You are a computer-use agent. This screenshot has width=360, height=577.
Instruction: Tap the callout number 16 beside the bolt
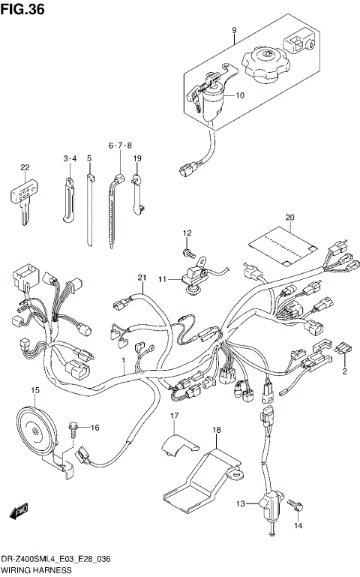pos(94,428)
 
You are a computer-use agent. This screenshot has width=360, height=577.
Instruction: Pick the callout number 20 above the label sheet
pos(289,219)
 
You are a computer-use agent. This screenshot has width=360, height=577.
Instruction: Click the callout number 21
pos(140,278)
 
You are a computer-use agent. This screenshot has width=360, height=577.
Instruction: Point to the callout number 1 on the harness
pos(124,361)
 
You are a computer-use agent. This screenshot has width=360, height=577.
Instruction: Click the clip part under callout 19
pos(137,191)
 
